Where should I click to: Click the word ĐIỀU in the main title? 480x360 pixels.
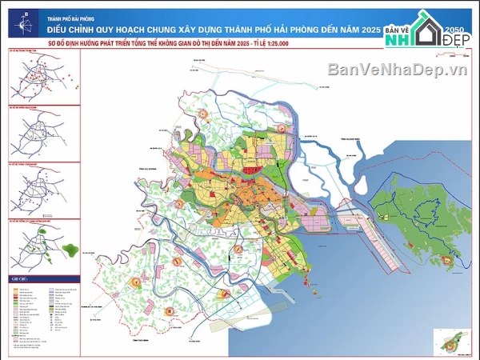[61, 27]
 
